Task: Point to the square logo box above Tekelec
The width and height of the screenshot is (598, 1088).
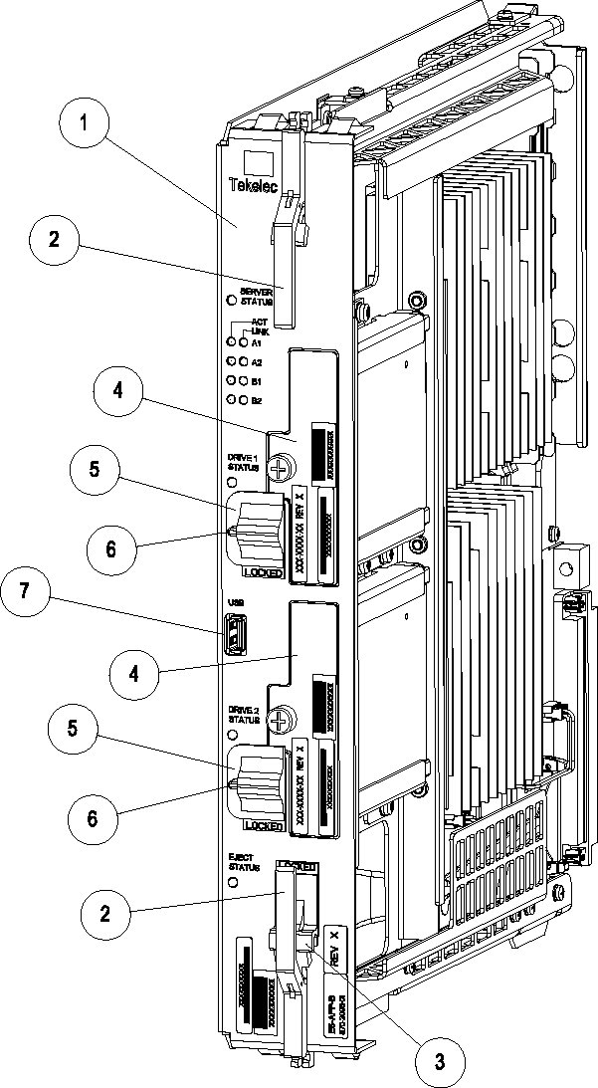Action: click(257, 164)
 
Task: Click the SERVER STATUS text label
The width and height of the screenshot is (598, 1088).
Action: click(256, 295)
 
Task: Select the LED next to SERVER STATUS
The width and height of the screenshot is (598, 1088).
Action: click(232, 299)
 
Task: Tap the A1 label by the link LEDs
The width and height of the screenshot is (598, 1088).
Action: click(256, 341)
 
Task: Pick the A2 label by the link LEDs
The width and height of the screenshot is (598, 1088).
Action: click(256, 361)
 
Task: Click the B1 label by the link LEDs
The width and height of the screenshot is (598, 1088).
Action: click(256, 380)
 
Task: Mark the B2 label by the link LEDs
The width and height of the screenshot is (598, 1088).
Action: click(256, 399)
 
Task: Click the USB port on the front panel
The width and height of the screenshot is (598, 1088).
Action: click(234, 635)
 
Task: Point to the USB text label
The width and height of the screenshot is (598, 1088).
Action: click(230, 603)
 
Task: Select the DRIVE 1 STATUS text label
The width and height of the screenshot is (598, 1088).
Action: click(243, 463)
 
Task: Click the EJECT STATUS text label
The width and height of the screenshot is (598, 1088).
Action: click(242, 861)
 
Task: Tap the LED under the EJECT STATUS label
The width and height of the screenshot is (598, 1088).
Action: click(233, 882)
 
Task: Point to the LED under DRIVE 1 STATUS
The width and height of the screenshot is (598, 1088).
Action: click(232, 483)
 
